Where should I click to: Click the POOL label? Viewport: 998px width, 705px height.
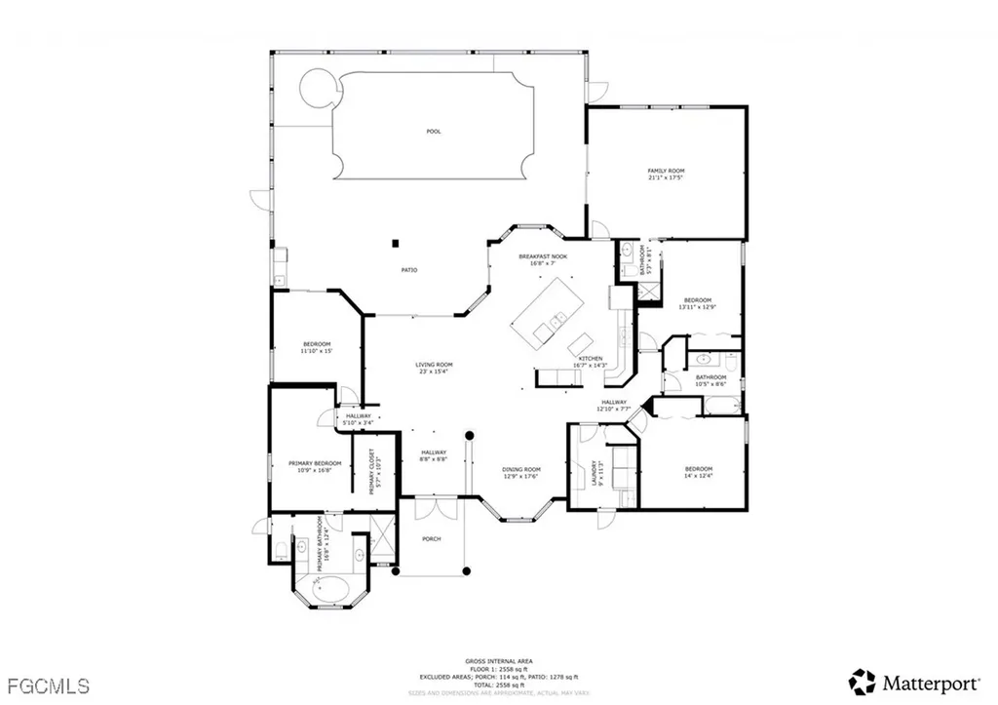[434, 131]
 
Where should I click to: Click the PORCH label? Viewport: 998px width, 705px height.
[431, 538]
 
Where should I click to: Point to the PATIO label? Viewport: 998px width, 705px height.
[410, 270]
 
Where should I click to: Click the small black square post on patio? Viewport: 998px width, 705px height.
[396, 242]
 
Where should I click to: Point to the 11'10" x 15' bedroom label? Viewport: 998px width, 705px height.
[317, 347]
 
